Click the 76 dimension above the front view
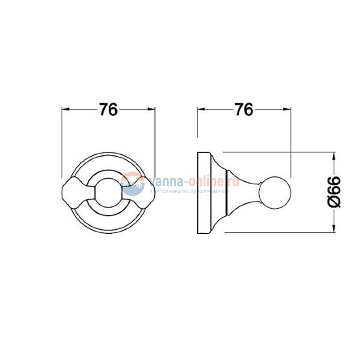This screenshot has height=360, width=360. coord(108,110)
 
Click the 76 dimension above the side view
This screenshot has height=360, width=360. coord(242,110)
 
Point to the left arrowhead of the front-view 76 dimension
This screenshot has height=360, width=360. coord(66,110)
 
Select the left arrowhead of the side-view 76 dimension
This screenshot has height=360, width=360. coord(201,110)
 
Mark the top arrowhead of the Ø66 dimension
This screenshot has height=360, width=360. coord(334,154)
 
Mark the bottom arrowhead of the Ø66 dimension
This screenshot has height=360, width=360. coord(334,229)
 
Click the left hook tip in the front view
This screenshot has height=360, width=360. coord(75,190)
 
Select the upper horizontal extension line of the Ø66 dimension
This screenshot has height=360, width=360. coord(282,151)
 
